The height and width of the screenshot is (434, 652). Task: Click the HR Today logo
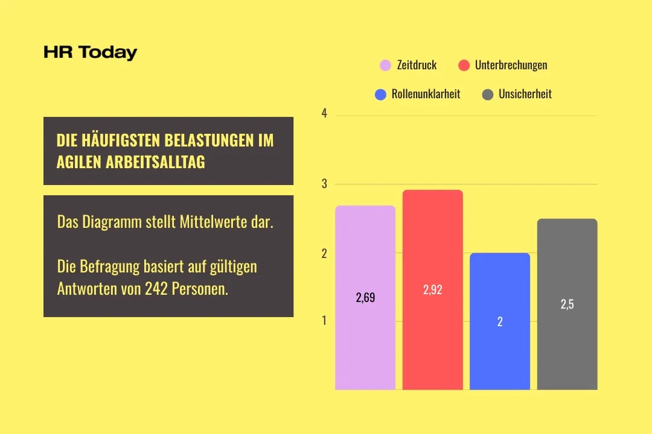[91, 53]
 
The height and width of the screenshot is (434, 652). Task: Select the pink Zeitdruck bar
[365, 344]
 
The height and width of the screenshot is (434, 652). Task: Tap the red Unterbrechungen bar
[432, 344]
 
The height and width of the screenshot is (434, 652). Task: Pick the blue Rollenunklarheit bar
[500, 356]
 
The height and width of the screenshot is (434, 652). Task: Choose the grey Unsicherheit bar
[567, 350]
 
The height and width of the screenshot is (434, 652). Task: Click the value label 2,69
[365, 297]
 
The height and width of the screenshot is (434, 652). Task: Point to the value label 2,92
[432, 290]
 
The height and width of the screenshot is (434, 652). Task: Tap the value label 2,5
[567, 304]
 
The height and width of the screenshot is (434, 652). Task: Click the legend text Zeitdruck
[417, 65]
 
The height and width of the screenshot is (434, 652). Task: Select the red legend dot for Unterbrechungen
[464, 65]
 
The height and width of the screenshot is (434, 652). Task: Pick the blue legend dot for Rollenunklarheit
[380, 95]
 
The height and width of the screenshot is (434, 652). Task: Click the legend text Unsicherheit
[525, 95]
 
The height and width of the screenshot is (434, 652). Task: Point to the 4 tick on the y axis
[325, 113]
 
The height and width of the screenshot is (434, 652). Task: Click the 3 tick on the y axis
[325, 184]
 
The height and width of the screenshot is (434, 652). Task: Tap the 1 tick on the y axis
[325, 321]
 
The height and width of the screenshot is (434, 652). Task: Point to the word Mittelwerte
[210, 222]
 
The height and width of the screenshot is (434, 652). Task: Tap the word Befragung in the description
[111, 266]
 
